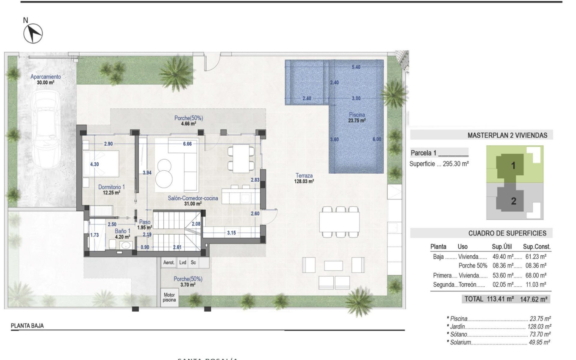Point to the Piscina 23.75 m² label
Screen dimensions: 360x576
coord(357,117)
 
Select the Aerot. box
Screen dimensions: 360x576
coord(169,263)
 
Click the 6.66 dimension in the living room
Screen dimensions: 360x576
coord(188,144)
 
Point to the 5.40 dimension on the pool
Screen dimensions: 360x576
coord(356,67)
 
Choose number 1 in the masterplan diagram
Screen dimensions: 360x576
coord(513,166)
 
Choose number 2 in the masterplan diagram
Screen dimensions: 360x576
coord(514,202)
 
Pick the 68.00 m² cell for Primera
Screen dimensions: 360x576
coord(534,275)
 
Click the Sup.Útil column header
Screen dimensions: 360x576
coord(502,246)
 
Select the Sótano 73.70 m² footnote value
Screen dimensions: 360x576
coord(540,334)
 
